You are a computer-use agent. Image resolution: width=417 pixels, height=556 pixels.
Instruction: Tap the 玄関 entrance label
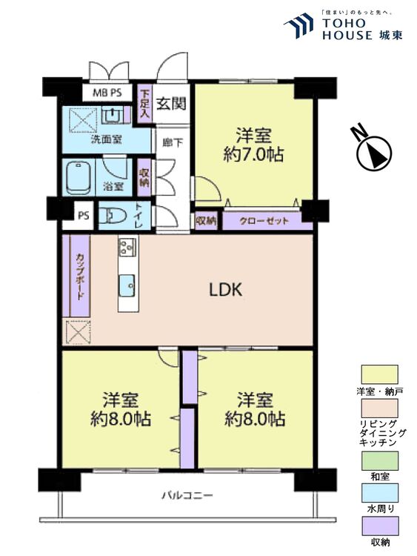[x=170, y=103]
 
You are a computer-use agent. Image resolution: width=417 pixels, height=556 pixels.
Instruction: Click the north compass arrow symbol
[x=374, y=152]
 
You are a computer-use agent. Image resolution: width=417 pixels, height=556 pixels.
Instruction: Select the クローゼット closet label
[x=260, y=220]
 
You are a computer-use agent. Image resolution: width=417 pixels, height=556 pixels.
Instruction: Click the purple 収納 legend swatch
[x=379, y=527]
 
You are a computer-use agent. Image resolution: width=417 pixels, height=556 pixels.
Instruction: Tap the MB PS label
[x=107, y=93]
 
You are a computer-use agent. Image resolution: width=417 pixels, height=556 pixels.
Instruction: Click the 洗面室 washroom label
[x=107, y=139]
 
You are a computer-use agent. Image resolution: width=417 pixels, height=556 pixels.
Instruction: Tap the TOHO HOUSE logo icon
[x=299, y=27]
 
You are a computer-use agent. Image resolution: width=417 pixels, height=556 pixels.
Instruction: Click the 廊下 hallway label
[x=170, y=142]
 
